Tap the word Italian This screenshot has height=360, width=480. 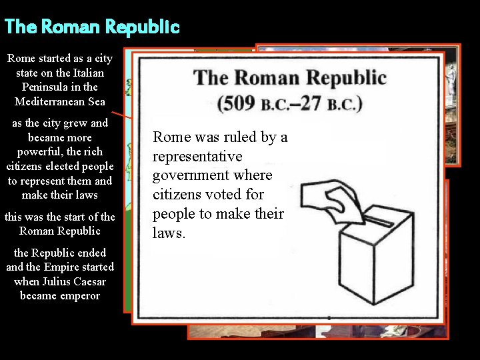click(85, 73)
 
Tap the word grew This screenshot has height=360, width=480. click(76, 123)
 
